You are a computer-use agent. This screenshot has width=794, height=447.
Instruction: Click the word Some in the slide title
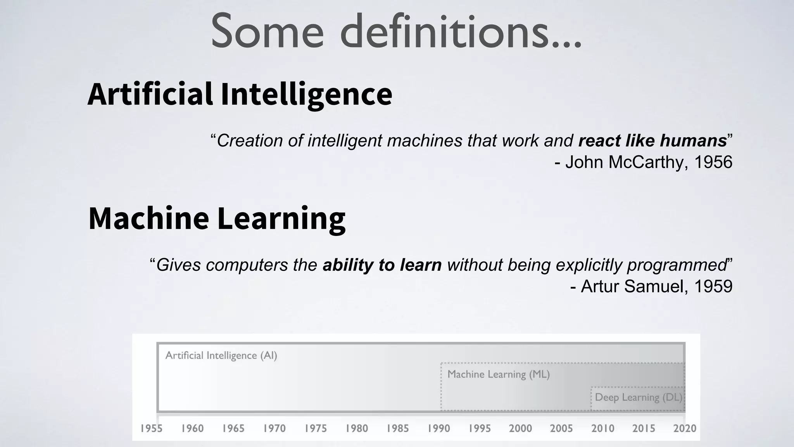(x=267, y=32)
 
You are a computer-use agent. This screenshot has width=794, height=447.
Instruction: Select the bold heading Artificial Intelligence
(x=240, y=94)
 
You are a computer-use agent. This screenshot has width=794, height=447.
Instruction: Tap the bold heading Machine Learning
(x=217, y=218)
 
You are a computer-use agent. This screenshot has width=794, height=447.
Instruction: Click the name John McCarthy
(x=624, y=162)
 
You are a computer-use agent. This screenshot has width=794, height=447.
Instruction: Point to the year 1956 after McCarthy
(x=713, y=162)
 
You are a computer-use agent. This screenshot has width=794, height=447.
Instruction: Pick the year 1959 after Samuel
(x=713, y=287)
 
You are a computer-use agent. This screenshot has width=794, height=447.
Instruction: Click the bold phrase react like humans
(x=652, y=140)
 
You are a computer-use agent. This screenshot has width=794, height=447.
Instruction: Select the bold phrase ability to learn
(x=382, y=265)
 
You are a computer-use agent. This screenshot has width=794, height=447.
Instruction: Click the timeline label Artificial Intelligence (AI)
(x=221, y=355)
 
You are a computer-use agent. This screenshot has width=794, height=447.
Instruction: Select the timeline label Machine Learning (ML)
(x=499, y=374)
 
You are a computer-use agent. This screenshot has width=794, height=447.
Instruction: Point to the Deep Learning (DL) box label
(x=638, y=397)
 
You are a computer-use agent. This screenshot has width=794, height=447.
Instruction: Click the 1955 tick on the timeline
(x=151, y=428)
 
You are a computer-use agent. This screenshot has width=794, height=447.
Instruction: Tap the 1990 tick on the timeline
(x=439, y=428)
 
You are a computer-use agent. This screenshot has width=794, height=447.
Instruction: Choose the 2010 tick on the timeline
(x=603, y=428)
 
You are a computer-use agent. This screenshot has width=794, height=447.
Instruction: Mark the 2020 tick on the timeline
(x=685, y=428)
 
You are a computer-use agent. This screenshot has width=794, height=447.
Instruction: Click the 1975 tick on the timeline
(x=316, y=428)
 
